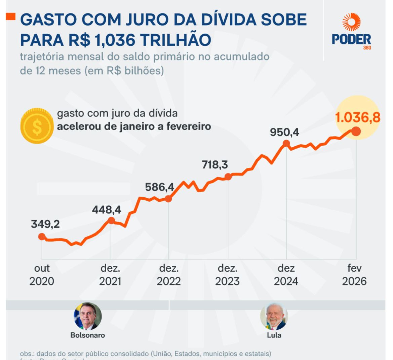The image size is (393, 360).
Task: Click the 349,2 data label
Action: tap(45, 224)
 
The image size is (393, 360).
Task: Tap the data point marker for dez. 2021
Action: tap(111, 221)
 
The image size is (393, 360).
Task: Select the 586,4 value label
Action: tap(159, 187)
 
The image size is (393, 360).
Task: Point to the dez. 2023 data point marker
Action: tap(228, 177)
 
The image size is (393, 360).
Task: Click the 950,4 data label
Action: tap(284, 132)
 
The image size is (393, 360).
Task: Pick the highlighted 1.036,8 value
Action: tap(358, 117)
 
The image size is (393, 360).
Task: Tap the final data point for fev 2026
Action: tap(356, 131)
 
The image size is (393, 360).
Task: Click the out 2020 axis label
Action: tap(42, 275)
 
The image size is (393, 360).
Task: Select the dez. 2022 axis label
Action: tap(169, 275)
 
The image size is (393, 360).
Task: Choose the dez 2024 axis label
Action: tap(286, 275)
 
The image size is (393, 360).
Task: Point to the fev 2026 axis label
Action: tap(354, 275)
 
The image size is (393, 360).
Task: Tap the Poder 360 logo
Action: tap(351, 32)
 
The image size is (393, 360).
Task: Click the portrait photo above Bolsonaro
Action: tap(87, 316)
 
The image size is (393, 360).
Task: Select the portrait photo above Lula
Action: tap(274, 316)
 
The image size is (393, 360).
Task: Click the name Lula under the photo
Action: tap(274, 335)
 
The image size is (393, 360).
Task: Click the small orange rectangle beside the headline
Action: tap(11, 17)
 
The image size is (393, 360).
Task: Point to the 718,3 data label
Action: tap(215, 165)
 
